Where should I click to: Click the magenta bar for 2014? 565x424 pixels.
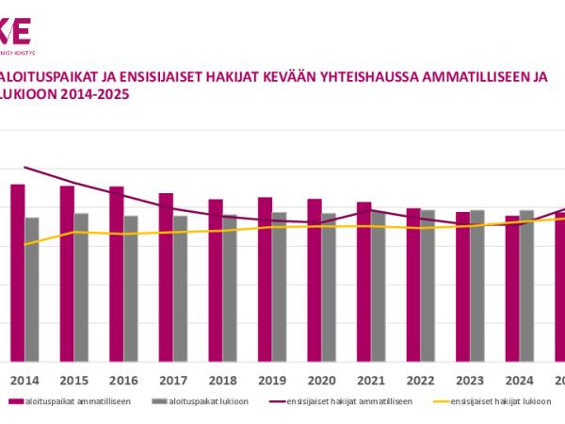pyautogui.click(x=18, y=272)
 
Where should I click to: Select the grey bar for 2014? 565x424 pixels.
pyautogui.click(x=32, y=289)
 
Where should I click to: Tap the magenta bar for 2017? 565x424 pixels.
pyautogui.click(x=166, y=277)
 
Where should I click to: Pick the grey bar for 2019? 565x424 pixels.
pyautogui.click(x=279, y=286)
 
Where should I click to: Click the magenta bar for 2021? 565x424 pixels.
pyautogui.click(x=363, y=282)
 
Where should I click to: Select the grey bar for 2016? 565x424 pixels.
pyautogui.click(x=131, y=288)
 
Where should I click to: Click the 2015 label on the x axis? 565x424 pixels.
pyautogui.click(x=74, y=382)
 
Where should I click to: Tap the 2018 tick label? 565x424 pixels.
pyautogui.click(x=222, y=382)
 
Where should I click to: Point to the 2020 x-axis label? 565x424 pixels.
pyautogui.click(x=321, y=382)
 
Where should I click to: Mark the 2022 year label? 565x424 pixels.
pyautogui.click(x=420, y=382)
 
